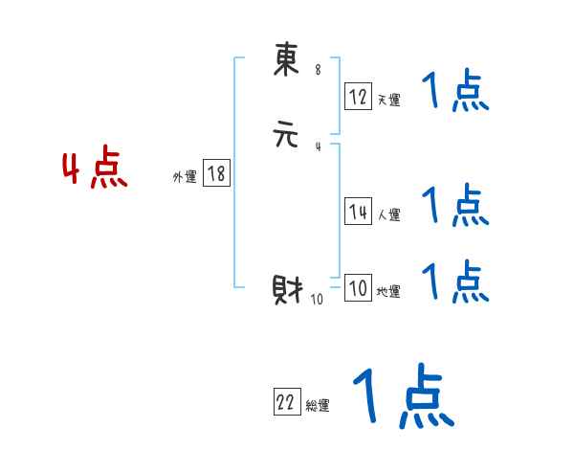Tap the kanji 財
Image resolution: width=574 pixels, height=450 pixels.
pos(287,288)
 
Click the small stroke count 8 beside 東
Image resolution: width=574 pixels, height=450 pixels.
pos(318,69)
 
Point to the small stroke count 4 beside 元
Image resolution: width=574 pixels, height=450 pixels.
pos(318,146)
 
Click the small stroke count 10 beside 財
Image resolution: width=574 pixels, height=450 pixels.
pos(317,299)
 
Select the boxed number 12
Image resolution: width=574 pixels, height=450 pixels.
pos(358,96)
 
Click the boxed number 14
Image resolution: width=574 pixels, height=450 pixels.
pos(358,213)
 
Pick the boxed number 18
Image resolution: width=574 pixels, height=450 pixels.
pos(216,173)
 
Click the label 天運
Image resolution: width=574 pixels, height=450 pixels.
pos(388,100)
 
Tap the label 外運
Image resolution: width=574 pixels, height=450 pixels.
pos(185,177)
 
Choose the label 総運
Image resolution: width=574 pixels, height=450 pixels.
pos(317,406)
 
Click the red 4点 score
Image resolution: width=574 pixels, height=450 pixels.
pos(95,170)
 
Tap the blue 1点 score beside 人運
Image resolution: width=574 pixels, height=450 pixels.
pos(454,206)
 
